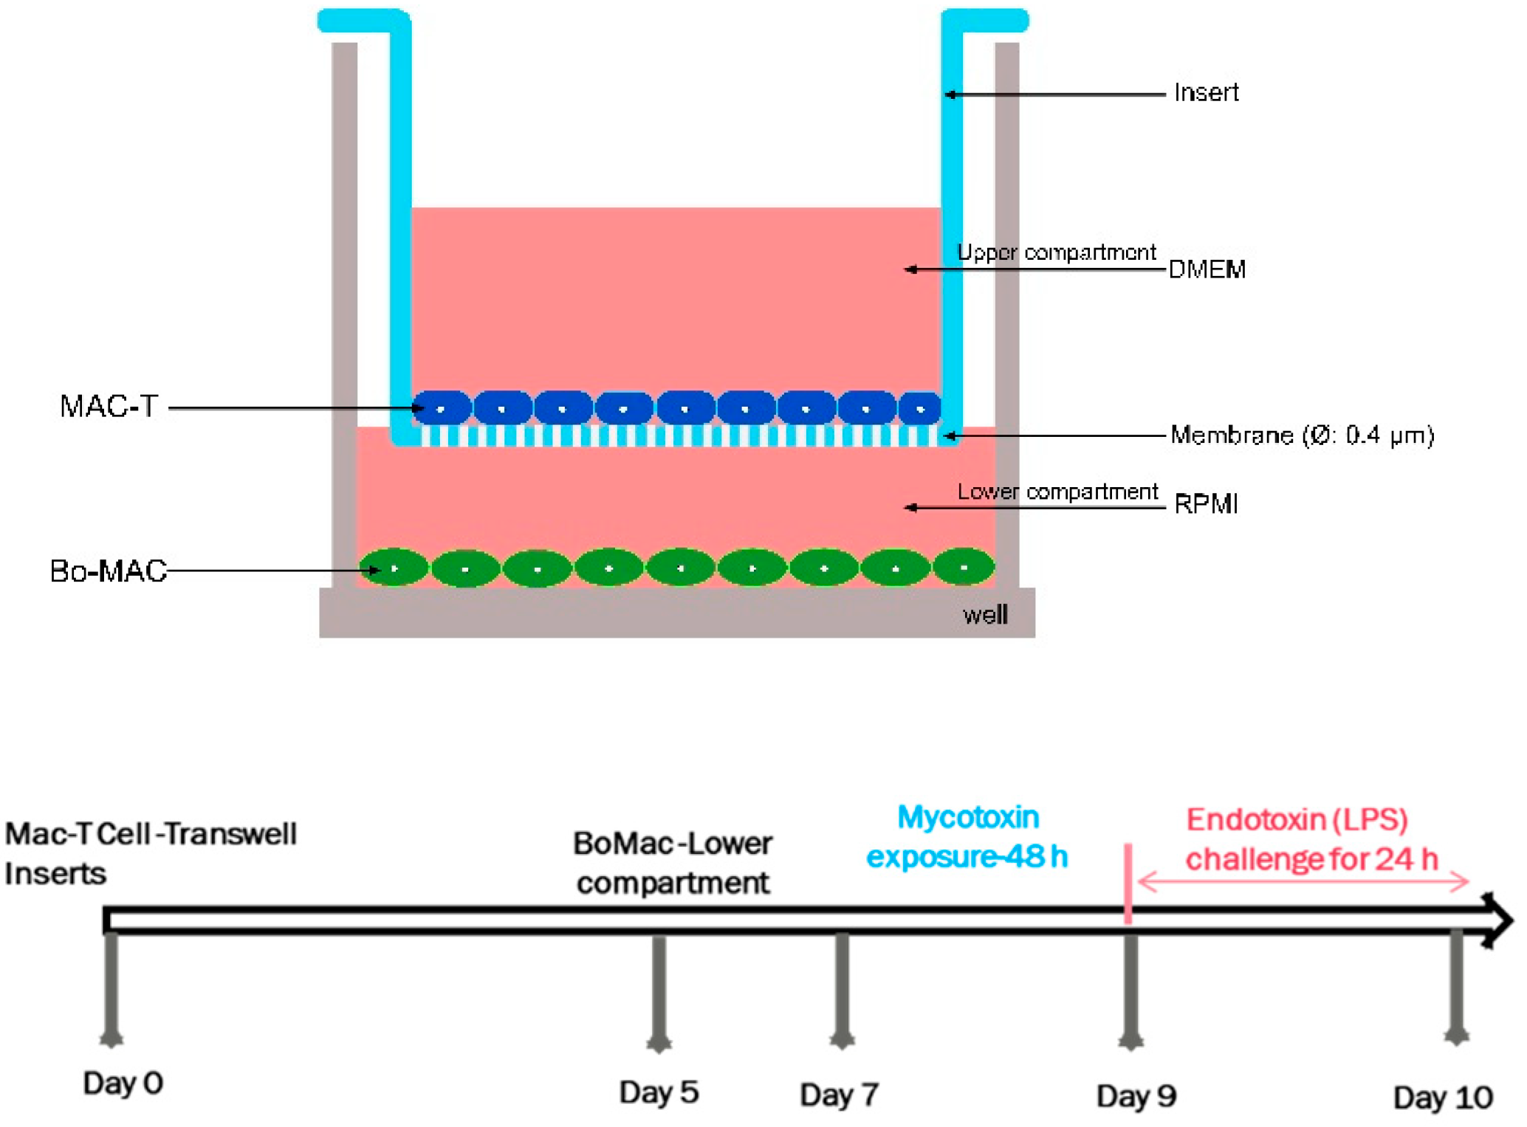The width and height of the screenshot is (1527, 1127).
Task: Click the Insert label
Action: coord(1206,93)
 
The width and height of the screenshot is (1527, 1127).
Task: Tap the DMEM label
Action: coord(1207,269)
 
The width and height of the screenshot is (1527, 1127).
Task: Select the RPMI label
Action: coord(1205,504)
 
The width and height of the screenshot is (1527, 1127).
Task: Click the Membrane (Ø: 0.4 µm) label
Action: coord(1302,435)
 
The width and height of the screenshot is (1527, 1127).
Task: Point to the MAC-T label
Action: coord(109,407)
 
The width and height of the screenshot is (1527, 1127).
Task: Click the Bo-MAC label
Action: coord(109,571)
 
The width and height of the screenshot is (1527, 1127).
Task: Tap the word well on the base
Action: coord(984,615)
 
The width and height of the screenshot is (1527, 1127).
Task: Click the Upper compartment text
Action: coord(1056,252)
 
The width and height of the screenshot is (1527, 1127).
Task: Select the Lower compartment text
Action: coord(1057,492)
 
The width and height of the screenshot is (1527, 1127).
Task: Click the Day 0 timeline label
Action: coord(123,1083)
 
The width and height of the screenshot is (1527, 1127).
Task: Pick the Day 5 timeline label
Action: coord(659,1092)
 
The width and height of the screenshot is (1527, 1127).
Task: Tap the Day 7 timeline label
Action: coord(839,1095)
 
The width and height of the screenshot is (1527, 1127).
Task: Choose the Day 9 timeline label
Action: coord(1136,1096)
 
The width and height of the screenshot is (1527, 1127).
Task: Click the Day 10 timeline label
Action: coord(1443,1098)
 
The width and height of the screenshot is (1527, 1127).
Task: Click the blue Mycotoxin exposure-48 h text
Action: coord(967,837)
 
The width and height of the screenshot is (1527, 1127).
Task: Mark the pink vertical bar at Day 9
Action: coord(1128,883)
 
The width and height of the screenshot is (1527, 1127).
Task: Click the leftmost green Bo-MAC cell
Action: coord(394,568)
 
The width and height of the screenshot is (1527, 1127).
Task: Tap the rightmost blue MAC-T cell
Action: coord(920,408)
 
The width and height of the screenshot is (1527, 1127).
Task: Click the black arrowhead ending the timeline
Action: coord(1496,920)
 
